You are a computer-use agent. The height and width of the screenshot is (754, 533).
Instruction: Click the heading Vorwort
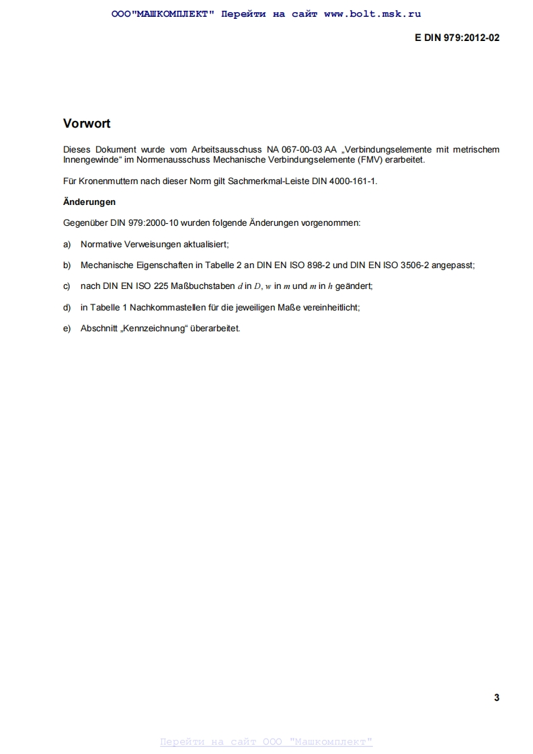tap(87, 124)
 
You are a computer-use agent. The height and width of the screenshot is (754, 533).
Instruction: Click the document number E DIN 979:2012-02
tap(457, 38)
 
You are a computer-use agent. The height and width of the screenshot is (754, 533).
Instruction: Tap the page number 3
tap(497, 698)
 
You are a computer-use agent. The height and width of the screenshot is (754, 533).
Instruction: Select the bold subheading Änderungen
tap(89, 202)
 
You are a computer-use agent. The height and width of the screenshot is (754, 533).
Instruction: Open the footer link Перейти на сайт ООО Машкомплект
tap(266, 742)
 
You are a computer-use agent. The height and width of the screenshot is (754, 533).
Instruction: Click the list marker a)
tap(67, 244)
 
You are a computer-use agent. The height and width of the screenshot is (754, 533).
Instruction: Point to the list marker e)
tap(67, 328)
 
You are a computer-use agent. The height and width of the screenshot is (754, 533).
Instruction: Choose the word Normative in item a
tap(101, 244)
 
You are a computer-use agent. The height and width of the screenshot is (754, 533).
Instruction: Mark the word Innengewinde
tap(90, 160)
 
